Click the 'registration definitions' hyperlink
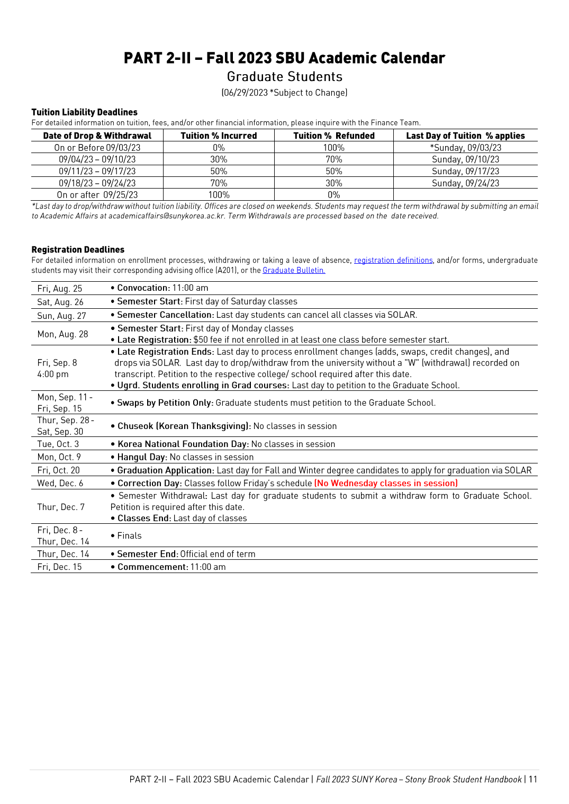[x=393, y=260]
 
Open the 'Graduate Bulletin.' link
[x=294, y=270]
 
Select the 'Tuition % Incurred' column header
[x=219, y=136]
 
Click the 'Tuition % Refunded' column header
[x=334, y=136]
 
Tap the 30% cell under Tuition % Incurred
[x=219, y=159]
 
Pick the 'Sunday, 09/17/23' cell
[x=465, y=171]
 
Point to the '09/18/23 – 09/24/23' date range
[x=97, y=183]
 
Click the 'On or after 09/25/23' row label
[x=97, y=195]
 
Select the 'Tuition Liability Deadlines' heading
[x=84, y=112]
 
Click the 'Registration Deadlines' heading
[x=78, y=249]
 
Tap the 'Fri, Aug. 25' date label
[x=60, y=289]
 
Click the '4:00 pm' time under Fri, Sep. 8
[x=53, y=374]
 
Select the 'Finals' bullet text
[x=129, y=535]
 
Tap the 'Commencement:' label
[x=152, y=567]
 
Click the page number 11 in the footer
[x=532, y=779]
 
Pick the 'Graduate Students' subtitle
[x=285, y=77]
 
